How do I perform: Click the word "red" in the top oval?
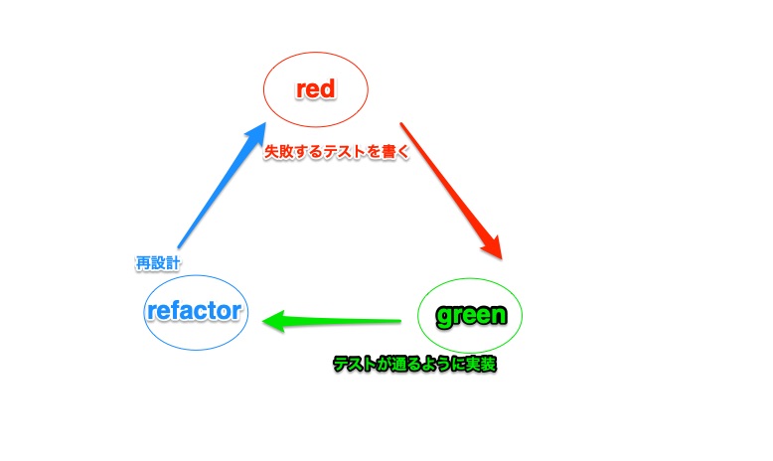click(x=317, y=89)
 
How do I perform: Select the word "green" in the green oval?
click(x=472, y=315)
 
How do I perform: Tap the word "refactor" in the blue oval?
click(x=194, y=311)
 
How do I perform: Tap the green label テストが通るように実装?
click(x=413, y=365)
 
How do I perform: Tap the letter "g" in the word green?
click(x=445, y=317)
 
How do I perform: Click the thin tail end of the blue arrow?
click(x=179, y=246)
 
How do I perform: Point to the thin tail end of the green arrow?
click(x=399, y=321)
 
